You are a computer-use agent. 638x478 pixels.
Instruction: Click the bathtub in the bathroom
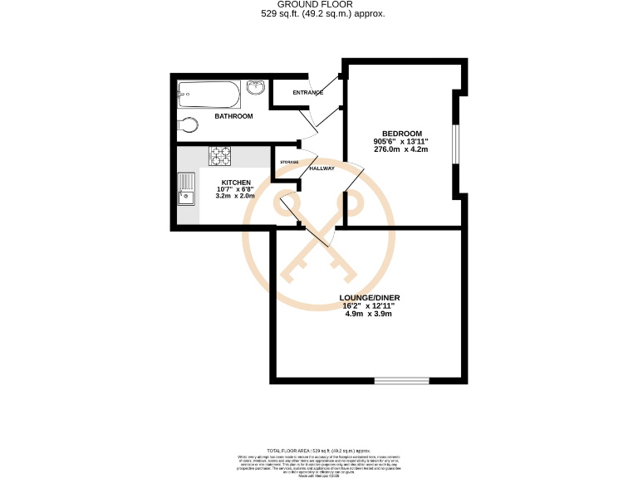pyautogui.click(x=209, y=95)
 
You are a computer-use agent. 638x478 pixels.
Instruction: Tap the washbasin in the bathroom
pyautogui.click(x=256, y=87)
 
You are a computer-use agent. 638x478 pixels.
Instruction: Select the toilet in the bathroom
pyautogui.click(x=189, y=125)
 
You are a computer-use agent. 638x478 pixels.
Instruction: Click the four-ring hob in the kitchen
pyautogui.click(x=221, y=154)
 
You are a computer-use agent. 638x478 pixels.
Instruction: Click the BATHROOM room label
pyautogui.click(x=233, y=116)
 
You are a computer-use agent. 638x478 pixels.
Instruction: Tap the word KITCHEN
pyautogui.click(x=236, y=182)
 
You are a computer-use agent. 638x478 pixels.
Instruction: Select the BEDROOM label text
pyautogui.click(x=402, y=134)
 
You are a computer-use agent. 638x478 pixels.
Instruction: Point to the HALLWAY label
pyautogui.click(x=321, y=168)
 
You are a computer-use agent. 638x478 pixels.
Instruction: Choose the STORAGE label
pyautogui.click(x=289, y=162)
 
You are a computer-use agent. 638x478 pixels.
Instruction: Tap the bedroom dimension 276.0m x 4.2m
pyautogui.click(x=402, y=149)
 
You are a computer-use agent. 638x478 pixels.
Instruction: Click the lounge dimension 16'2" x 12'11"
pyautogui.click(x=368, y=306)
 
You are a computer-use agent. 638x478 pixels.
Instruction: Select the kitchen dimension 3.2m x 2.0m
pyautogui.click(x=236, y=197)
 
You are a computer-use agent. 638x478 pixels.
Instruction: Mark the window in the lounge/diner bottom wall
pyautogui.click(x=401, y=380)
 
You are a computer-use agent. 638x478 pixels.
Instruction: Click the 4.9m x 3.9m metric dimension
pyautogui.click(x=368, y=314)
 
